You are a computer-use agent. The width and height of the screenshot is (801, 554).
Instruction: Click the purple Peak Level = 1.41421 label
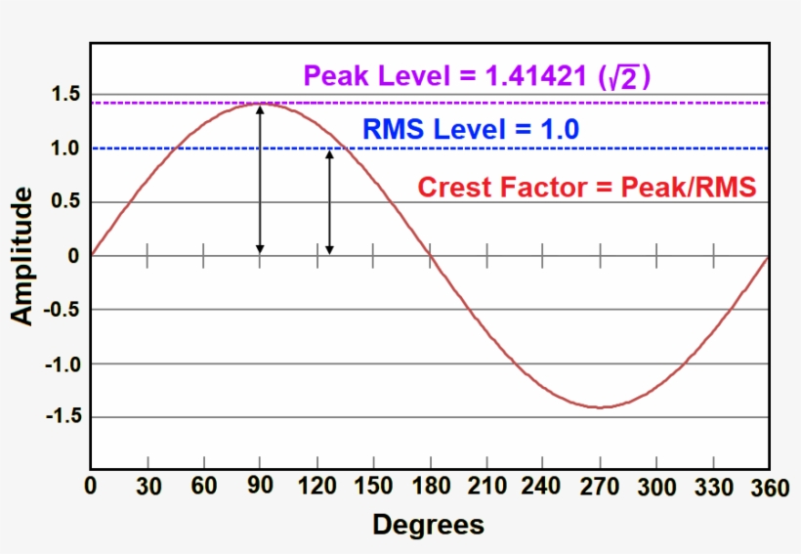click(477, 77)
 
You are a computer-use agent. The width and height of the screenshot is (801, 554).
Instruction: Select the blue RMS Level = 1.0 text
click(470, 129)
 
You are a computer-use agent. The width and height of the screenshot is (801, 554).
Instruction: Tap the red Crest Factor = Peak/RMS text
click(587, 187)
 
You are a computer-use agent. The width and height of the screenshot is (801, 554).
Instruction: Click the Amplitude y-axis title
click(21, 256)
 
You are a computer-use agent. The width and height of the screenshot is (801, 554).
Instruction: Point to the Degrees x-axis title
click(428, 525)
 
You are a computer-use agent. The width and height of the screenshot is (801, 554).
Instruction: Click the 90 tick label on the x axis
click(259, 486)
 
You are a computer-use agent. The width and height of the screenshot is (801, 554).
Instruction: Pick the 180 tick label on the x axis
click(429, 486)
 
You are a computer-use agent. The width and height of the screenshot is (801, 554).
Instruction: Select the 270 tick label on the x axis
click(599, 486)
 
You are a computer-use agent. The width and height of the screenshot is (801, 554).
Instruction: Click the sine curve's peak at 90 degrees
click(260, 104)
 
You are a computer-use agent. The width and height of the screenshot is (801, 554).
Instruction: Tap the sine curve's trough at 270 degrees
click(599, 406)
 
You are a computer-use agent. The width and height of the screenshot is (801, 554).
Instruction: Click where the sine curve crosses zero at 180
click(430, 256)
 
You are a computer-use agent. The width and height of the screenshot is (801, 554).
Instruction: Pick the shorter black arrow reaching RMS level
click(329, 202)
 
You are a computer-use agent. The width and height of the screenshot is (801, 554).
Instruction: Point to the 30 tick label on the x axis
click(148, 486)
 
